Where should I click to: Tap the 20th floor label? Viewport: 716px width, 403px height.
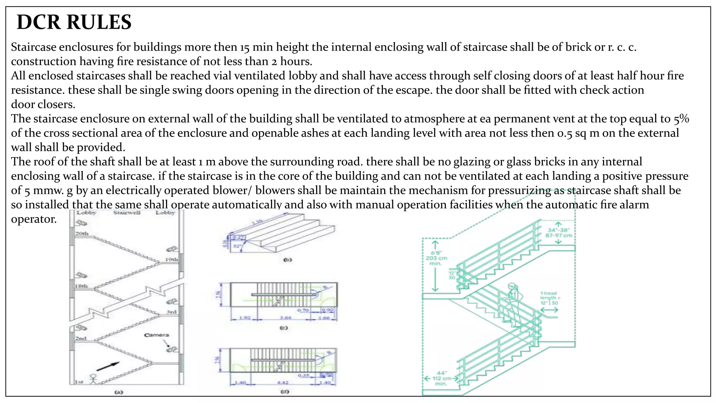pyautogui.click(x=82, y=233)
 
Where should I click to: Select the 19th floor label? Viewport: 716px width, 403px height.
pyautogui.click(x=172, y=260)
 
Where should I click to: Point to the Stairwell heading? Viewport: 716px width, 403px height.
pyautogui.click(x=127, y=212)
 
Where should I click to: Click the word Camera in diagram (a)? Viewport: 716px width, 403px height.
pyautogui.click(x=156, y=335)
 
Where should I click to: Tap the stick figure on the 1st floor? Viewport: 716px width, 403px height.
pyautogui.click(x=93, y=379)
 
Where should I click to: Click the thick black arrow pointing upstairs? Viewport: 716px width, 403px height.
pyautogui.click(x=108, y=366)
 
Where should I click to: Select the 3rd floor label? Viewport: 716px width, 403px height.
pyautogui.click(x=171, y=312)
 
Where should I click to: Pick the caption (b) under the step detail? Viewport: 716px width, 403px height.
pyautogui.click(x=287, y=260)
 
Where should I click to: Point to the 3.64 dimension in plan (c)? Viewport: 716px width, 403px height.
pyautogui.click(x=285, y=318)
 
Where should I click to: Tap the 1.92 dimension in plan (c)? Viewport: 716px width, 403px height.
pyautogui.click(x=244, y=318)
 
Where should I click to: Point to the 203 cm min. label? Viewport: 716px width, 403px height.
pyautogui.click(x=436, y=258)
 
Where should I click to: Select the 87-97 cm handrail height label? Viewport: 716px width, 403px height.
pyautogui.click(x=559, y=235)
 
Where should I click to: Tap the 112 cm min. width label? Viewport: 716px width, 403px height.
pyautogui.click(x=441, y=379)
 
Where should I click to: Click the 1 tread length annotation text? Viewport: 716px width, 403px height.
pyautogui.click(x=549, y=298)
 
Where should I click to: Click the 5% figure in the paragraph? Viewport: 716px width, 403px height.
pyautogui.click(x=681, y=119)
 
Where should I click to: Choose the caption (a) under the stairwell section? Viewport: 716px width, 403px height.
pyautogui.click(x=119, y=392)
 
